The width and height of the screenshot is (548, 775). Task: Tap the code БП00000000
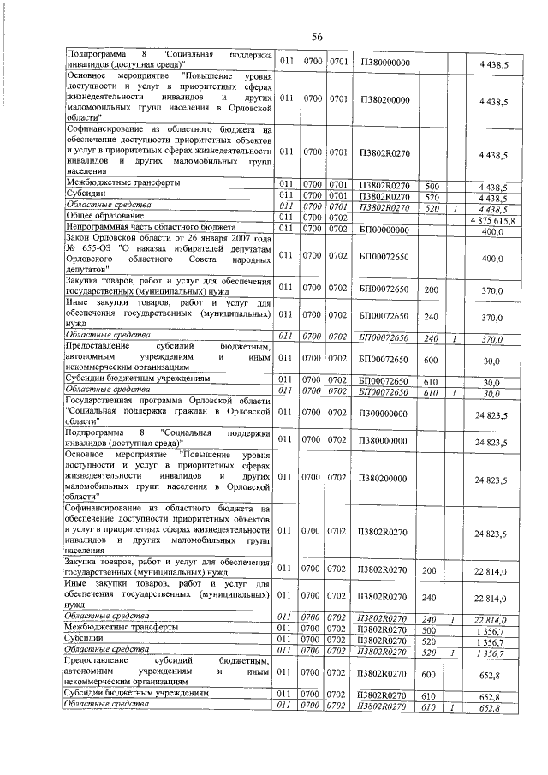point(384,230)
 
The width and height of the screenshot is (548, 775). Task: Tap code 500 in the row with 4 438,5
point(432,186)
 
